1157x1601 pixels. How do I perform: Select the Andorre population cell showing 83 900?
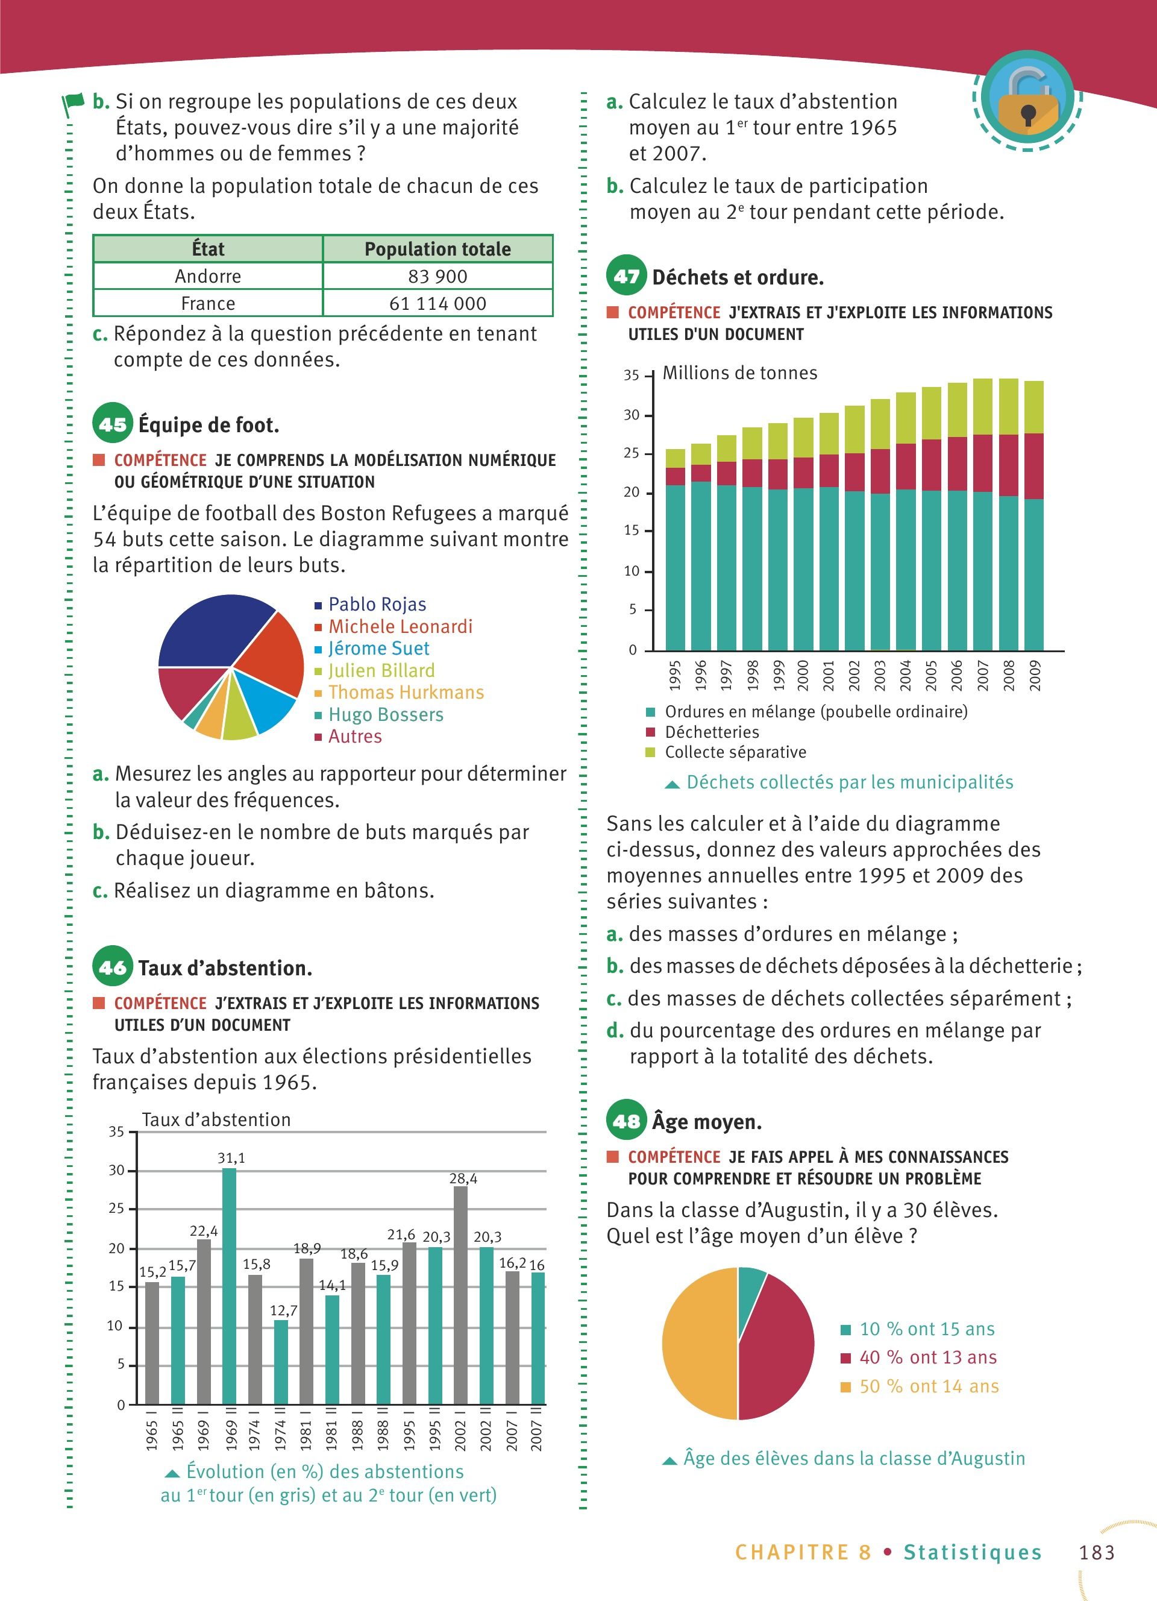click(437, 276)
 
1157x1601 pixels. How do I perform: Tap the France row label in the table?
click(207, 304)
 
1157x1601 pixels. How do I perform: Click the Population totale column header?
click(437, 248)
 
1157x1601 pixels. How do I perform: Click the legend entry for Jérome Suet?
click(378, 648)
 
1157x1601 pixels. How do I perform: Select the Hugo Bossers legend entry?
click(385, 714)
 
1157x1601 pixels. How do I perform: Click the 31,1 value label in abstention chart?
click(231, 1158)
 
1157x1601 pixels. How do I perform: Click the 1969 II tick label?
click(229, 1436)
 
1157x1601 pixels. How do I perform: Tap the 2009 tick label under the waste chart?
click(1034, 676)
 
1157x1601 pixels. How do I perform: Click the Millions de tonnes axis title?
click(739, 373)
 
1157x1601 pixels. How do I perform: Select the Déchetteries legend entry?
click(711, 732)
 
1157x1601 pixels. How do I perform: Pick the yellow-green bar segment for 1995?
click(675, 458)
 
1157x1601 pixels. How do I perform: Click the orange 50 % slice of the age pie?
click(698, 1345)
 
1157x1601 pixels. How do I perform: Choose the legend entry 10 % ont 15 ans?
click(926, 1329)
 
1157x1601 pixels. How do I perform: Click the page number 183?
click(1096, 1552)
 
